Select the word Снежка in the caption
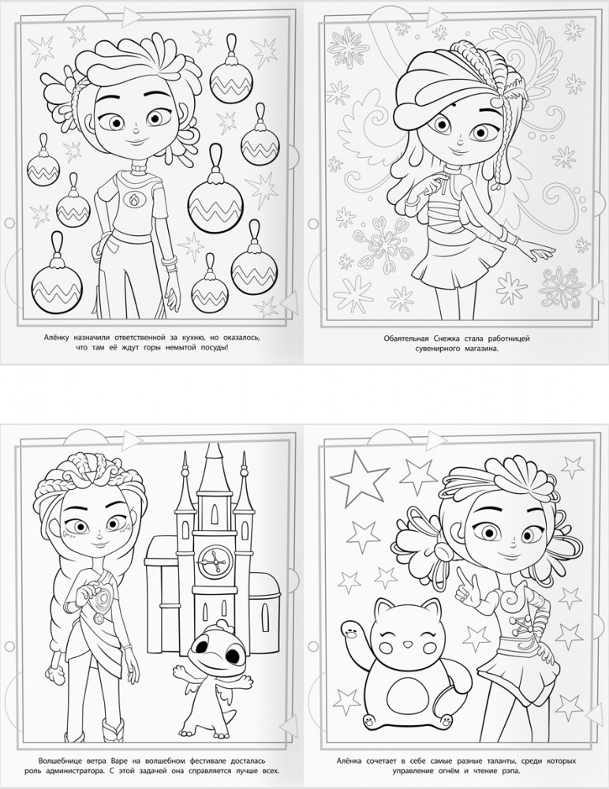pyautogui.click(x=446, y=338)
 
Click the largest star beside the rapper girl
pyautogui.click(x=358, y=476)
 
